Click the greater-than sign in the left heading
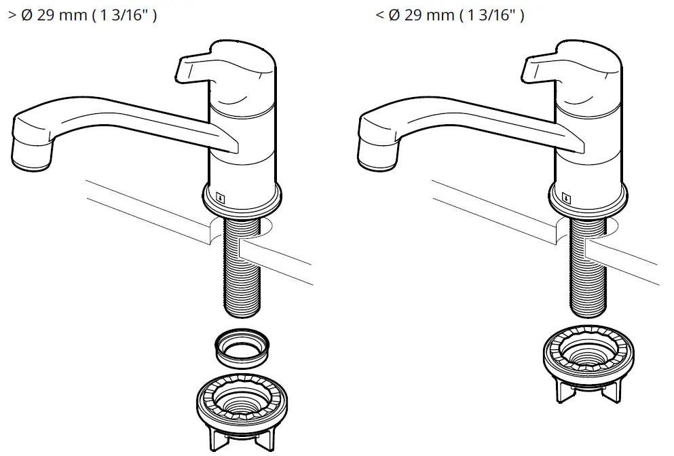[11, 16]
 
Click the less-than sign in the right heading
[379, 16]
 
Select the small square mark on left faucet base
[221, 197]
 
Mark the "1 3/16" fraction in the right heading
[491, 16]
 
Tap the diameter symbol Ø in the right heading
[394, 16]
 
